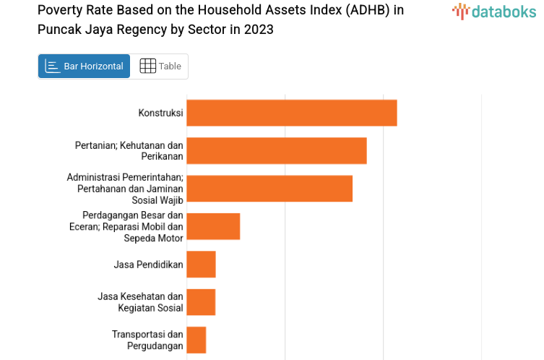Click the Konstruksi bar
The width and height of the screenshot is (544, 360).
click(292, 113)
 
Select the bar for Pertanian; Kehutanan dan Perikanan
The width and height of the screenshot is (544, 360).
click(277, 150)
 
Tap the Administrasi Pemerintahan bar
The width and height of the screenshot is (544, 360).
click(269, 188)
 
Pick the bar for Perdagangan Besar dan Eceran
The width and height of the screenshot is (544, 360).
click(213, 226)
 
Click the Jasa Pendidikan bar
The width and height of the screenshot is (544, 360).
click(201, 264)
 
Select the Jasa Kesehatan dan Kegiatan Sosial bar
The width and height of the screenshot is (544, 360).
click(201, 302)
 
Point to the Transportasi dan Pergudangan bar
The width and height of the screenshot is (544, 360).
click(197, 340)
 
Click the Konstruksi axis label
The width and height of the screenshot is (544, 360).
click(160, 113)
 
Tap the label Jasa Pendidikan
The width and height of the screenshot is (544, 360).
click(148, 265)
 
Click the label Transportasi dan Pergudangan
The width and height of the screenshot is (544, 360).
click(147, 340)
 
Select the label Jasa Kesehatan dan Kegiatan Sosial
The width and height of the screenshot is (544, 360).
click(140, 302)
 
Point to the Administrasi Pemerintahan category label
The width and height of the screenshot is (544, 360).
click(125, 188)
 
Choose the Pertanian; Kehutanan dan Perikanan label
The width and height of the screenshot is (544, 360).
click(129, 150)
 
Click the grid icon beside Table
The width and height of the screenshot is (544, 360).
click(147, 67)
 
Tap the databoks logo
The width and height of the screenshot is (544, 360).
click(494, 11)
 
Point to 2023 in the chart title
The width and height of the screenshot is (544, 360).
click(259, 30)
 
